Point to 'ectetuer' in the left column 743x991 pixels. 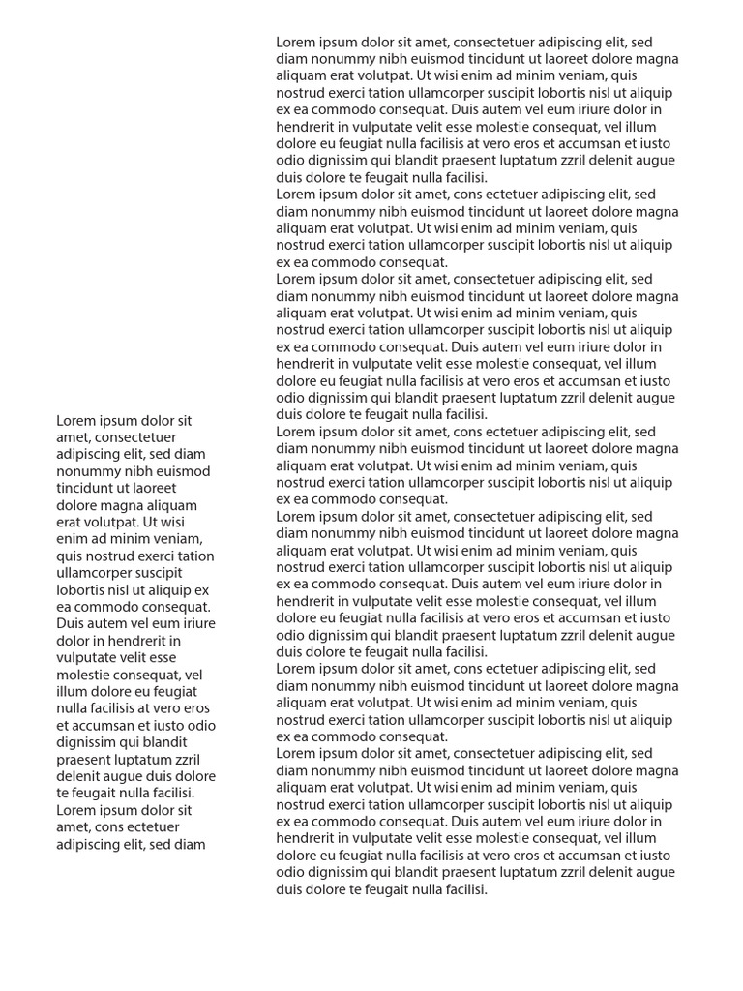(x=153, y=827)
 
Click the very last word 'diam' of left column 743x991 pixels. (x=190, y=844)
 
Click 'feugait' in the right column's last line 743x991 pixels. (x=385, y=889)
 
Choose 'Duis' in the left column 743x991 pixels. (x=72, y=624)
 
